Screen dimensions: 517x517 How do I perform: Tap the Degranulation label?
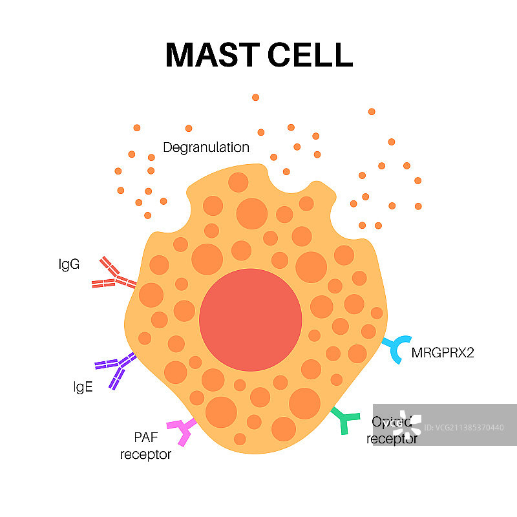pyautogui.click(x=206, y=147)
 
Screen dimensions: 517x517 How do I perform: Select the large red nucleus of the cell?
pyautogui.click(x=250, y=320)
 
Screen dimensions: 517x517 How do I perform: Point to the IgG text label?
pyautogui.click(x=68, y=264)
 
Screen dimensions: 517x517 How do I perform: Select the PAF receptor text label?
pyautogui.click(x=146, y=447)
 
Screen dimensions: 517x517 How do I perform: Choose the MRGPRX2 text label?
pyautogui.click(x=443, y=353)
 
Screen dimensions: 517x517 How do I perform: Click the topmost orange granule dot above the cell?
pyautogui.click(x=255, y=97)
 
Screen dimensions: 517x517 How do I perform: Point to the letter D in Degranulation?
pyautogui.click(x=167, y=147)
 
